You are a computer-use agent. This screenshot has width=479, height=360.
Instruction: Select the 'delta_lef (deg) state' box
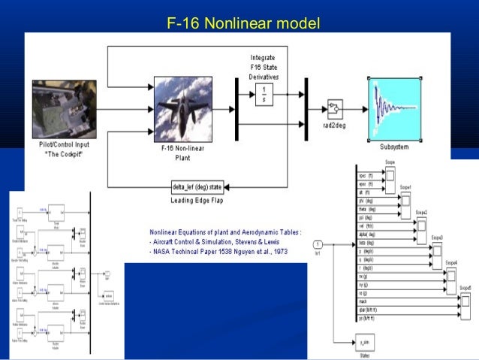pyautogui.click(x=197, y=186)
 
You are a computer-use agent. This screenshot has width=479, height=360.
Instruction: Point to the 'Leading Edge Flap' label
pyautogui.click(x=197, y=201)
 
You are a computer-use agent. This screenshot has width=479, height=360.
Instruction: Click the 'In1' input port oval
pyautogui.click(x=318, y=244)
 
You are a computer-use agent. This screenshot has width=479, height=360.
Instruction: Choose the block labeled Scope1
pyautogui.click(x=405, y=201)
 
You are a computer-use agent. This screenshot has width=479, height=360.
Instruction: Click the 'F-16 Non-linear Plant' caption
pyautogui.click(x=183, y=153)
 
